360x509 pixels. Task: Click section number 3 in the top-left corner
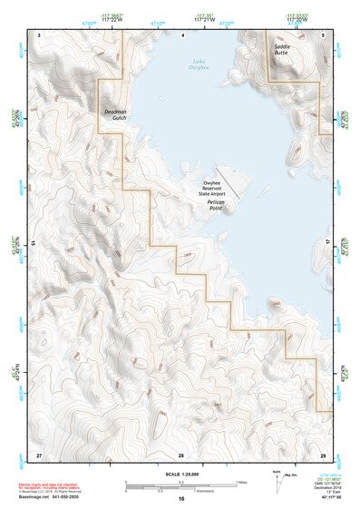coord(39,34)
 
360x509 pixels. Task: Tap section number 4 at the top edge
coord(184,34)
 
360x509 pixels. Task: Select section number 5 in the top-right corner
coord(325,34)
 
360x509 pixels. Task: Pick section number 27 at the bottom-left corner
coord(39,454)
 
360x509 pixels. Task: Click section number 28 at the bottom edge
coord(181,454)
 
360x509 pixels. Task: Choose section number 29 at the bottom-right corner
coord(323,454)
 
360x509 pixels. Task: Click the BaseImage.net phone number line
coord(55,499)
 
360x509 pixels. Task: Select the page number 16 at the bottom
coord(181,499)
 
